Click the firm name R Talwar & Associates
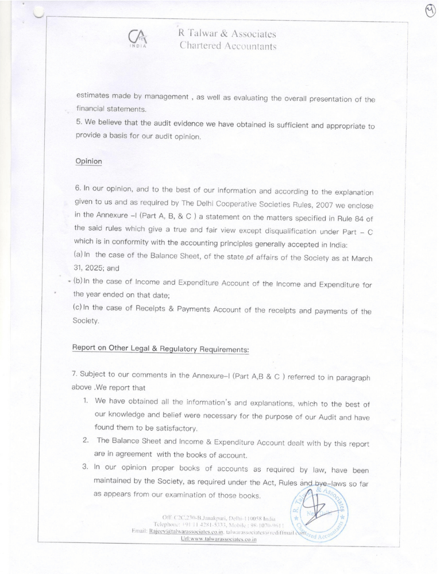tap(228, 34)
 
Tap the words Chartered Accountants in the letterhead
tap(228, 46)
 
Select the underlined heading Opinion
tap(88, 161)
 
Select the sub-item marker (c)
tap(79, 311)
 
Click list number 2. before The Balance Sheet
tap(85, 440)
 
